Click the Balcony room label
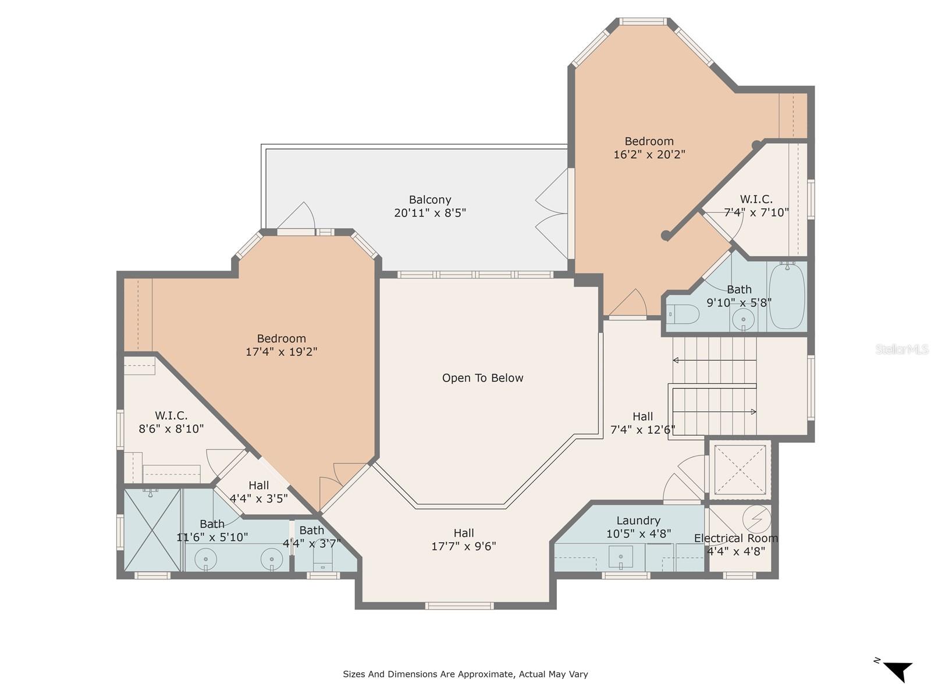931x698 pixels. pyautogui.click(x=429, y=200)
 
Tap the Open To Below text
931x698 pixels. pyautogui.click(x=483, y=378)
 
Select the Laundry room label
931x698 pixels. pyautogui.click(x=638, y=521)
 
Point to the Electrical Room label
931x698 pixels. pyautogui.click(x=736, y=538)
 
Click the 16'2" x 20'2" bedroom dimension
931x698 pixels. pyautogui.click(x=649, y=154)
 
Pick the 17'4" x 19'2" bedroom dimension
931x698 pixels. pyautogui.click(x=281, y=352)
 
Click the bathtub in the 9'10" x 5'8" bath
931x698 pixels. pyautogui.click(x=787, y=295)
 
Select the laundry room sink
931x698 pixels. pyautogui.click(x=620, y=557)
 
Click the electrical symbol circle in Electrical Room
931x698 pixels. pyautogui.click(x=756, y=519)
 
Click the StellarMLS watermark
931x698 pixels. pyautogui.click(x=902, y=349)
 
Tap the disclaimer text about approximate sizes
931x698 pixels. pyautogui.click(x=465, y=674)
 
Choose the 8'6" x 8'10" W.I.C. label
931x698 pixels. pyautogui.click(x=171, y=422)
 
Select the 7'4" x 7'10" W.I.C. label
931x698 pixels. pyautogui.click(x=756, y=205)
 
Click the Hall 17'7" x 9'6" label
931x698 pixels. pyautogui.click(x=464, y=540)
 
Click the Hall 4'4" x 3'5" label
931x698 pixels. pyautogui.click(x=259, y=492)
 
